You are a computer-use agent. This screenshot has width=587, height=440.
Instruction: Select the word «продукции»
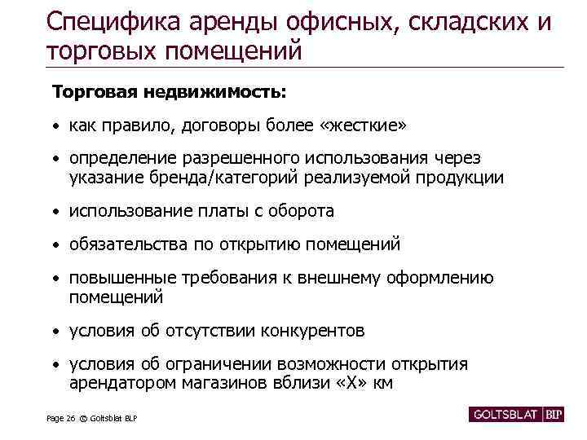463,177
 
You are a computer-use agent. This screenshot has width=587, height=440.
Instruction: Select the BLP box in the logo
554,413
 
